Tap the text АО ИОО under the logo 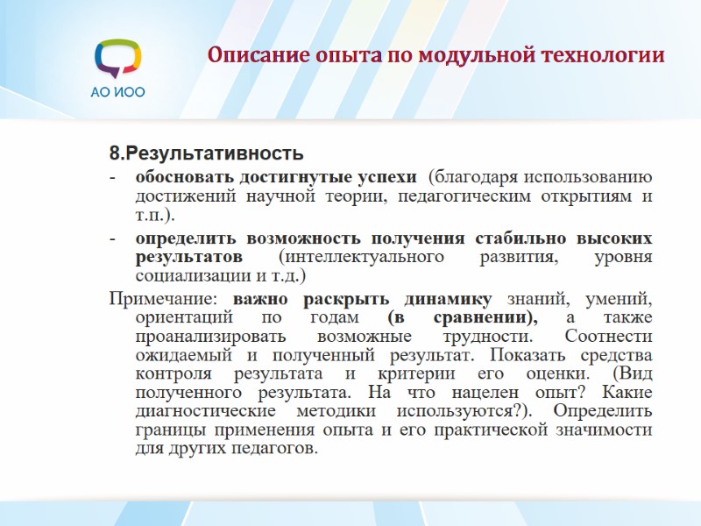coord(117,92)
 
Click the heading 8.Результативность coord(206,154)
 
